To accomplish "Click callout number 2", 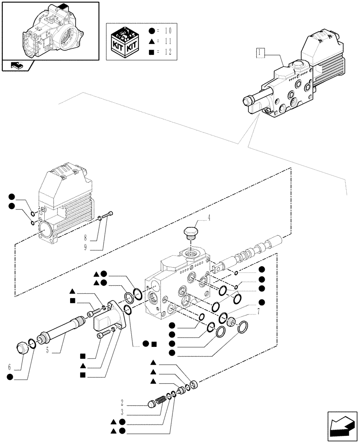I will tap(121, 403).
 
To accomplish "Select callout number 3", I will tap(121, 412).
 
